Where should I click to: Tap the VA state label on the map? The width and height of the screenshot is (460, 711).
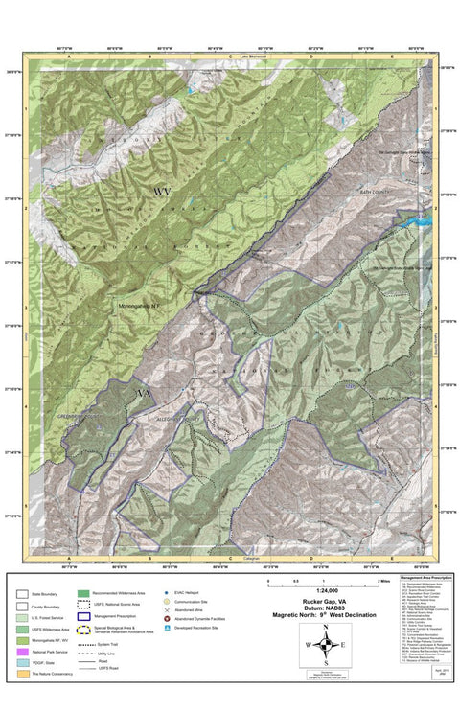point(146,394)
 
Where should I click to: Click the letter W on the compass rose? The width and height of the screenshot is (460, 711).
point(307,645)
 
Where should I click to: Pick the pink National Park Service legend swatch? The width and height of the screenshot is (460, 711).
point(22,651)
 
